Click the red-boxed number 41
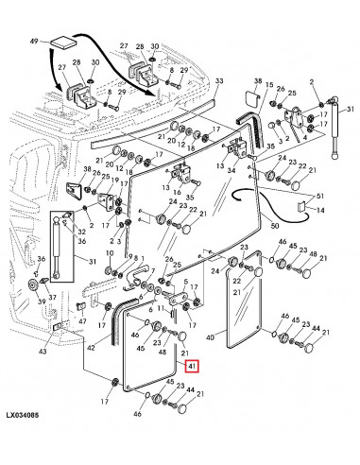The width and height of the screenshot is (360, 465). point(192,366)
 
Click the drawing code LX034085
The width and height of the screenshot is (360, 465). point(23,415)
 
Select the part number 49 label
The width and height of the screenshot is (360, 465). point(34,42)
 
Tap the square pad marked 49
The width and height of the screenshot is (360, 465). point(63,43)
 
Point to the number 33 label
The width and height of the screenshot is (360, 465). point(219,81)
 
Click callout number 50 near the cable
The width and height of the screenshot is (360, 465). point(275,226)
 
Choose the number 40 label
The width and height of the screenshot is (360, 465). point(210,337)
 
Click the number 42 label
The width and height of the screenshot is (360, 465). point(91,348)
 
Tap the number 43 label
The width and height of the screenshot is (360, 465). point(43,351)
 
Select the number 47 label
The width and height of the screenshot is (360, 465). point(82,321)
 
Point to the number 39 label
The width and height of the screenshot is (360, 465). point(42,301)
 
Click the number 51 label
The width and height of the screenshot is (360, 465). point(320,196)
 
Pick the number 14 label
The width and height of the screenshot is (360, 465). point(320,210)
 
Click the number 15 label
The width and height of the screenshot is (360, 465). point(269,85)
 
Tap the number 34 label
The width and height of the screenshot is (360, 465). point(231,170)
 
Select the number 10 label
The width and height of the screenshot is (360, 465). point(110,253)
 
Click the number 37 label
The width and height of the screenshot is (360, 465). point(52,298)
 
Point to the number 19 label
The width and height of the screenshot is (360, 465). point(115,181)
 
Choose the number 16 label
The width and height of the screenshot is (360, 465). point(178,192)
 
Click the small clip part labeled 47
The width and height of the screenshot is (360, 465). point(81,306)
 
